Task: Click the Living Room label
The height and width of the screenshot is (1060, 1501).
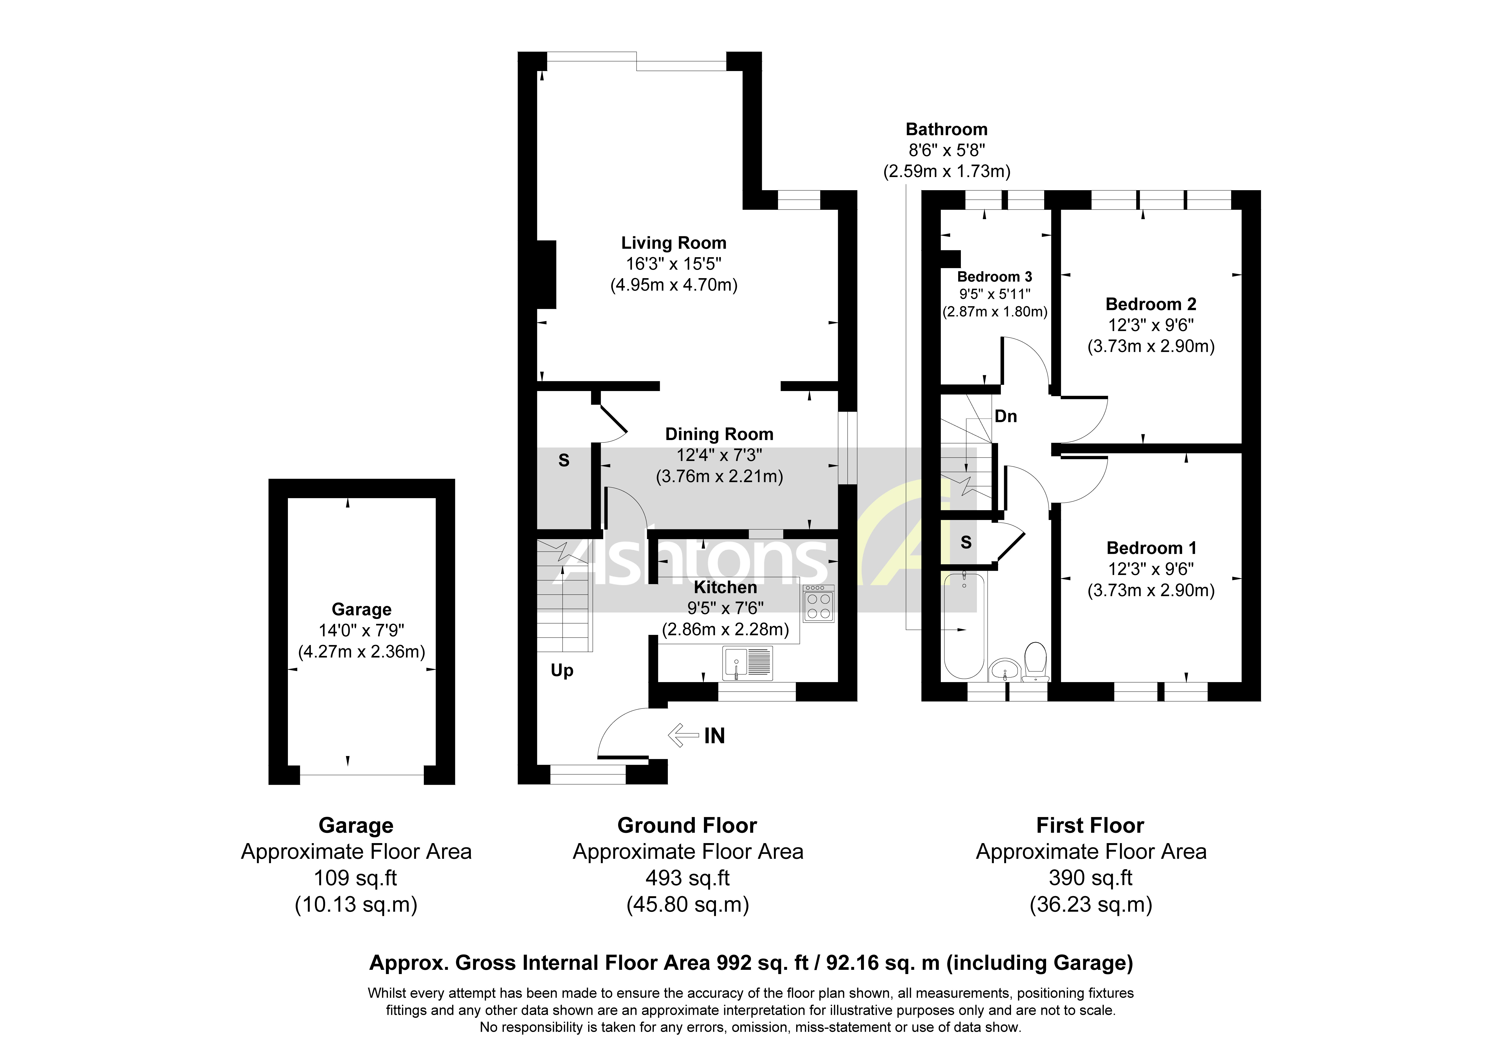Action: [673, 243]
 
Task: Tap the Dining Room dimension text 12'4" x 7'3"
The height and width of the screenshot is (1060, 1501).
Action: [719, 455]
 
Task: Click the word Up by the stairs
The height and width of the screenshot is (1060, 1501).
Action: [562, 671]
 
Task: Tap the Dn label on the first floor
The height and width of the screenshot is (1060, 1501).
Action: [1005, 416]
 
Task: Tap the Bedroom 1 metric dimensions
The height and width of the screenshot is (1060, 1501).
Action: [1150, 591]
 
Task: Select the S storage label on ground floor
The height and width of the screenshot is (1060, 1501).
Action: [564, 461]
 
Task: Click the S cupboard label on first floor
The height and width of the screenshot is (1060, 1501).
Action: [966, 542]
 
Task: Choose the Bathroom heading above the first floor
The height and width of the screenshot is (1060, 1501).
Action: [946, 129]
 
